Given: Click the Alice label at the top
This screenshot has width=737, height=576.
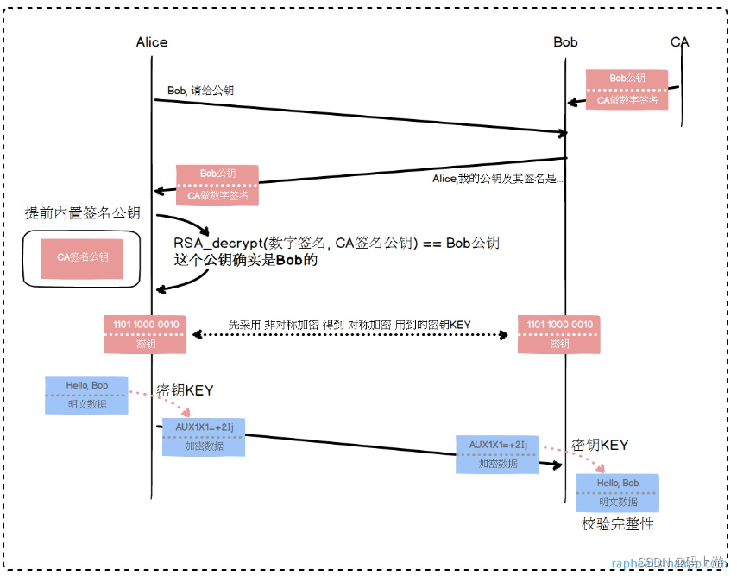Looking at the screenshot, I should [x=152, y=42].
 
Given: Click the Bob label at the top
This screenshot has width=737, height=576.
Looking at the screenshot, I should [x=565, y=42].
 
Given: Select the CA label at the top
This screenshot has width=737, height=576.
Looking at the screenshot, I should [x=680, y=42].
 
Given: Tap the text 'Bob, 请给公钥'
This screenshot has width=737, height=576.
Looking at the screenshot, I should [x=200, y=90].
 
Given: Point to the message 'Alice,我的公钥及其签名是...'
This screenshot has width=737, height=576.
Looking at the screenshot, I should [x=498, y=180].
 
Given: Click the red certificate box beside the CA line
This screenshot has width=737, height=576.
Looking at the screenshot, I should [x=627, y=89].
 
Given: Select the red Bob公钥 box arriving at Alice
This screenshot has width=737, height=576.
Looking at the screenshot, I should [x=217, y=184].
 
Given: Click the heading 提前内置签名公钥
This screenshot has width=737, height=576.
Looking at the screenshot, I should [x=83, y=212].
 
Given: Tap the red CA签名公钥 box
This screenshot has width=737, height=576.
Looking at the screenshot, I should [x=82, y=257].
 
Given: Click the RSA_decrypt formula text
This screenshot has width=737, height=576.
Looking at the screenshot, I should [x=337, y=243].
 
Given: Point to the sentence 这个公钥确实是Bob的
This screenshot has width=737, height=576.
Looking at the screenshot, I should [x=246, y=259].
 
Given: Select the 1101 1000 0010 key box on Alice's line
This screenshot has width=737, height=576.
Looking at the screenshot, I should [x=145, y=333].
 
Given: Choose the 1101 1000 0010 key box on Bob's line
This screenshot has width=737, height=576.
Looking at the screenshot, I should [x=559, y=333].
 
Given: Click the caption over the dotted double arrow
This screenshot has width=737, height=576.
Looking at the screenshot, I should [x=350, y=324].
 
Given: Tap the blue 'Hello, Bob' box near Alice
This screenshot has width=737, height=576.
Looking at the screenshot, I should [x=86, y=395].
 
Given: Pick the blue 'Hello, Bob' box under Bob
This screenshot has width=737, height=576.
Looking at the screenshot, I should [x=617, y=493].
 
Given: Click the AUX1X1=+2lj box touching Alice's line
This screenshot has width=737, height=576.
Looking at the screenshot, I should [x=205, y=437].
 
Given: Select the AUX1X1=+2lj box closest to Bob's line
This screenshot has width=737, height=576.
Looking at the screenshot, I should [x=498, y=453].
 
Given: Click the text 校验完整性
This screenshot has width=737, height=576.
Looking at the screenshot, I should [x=618, y=524].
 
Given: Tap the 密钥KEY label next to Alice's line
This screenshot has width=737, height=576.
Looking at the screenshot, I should [x=185, y=390].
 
